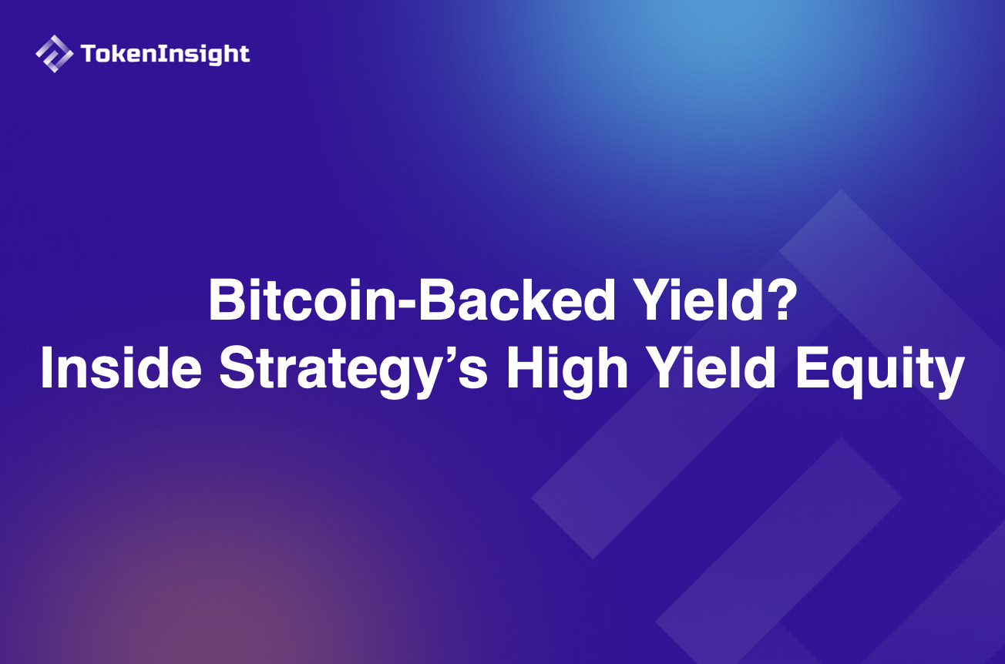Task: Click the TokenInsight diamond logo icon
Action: click(55, 54)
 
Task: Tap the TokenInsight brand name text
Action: click(165, 54)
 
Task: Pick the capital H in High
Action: click(525, 371)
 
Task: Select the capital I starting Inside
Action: click(47, 371)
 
